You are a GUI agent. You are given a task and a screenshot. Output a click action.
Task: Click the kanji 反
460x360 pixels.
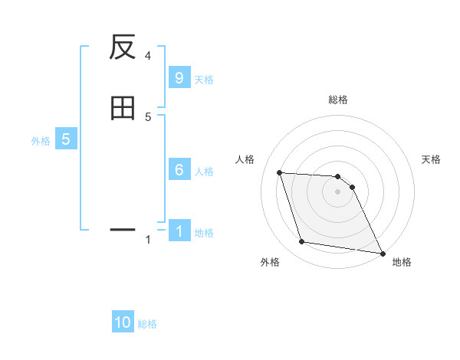123,47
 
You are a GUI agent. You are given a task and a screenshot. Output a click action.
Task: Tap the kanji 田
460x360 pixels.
123,109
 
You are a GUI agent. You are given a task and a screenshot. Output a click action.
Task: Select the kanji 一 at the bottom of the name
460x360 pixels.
123,229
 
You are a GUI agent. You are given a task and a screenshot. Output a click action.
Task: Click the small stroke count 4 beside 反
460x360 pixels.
148,56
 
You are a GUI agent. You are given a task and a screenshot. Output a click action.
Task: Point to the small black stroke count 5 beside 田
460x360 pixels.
148,117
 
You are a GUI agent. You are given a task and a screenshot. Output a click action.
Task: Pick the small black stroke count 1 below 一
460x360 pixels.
148,241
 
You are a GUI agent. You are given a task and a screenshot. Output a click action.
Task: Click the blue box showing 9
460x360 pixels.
179,78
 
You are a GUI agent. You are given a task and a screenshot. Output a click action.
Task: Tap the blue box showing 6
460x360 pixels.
179,170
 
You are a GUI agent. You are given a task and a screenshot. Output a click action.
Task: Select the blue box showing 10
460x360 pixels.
123,322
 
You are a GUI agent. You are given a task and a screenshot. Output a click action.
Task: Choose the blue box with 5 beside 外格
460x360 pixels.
66,139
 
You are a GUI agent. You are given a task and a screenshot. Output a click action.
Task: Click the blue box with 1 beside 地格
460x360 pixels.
179,231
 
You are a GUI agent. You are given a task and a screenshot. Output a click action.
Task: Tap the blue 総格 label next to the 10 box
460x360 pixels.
147,324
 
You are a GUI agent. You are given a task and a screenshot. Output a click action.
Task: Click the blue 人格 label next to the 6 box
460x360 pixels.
204,172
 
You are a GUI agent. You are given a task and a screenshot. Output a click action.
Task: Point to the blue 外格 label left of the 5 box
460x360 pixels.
41,141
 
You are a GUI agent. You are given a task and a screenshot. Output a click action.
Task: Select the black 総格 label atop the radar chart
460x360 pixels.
337,100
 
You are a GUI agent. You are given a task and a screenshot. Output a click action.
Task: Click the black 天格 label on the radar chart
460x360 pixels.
431,159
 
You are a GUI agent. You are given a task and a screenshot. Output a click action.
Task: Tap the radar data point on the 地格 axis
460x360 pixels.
382,253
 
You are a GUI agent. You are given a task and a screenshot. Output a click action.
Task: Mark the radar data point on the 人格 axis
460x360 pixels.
280,172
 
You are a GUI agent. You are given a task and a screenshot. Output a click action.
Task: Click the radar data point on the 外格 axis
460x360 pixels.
302,242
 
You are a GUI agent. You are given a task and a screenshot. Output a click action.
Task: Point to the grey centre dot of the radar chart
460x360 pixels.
337,193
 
